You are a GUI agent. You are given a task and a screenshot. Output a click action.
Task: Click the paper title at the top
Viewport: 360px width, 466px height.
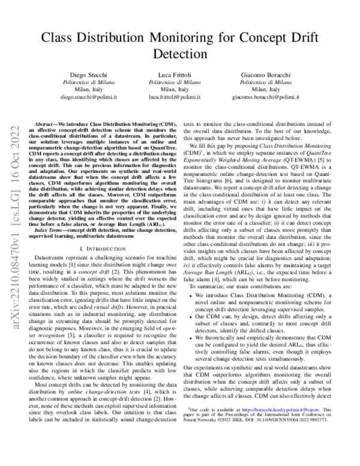179,45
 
